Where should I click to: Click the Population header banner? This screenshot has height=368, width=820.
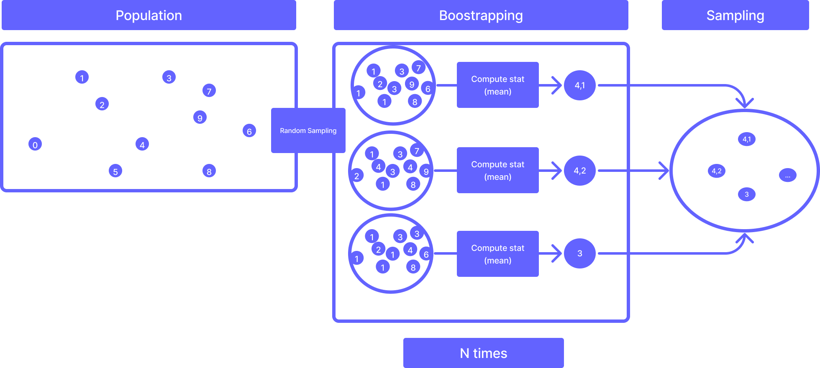pos(149,15)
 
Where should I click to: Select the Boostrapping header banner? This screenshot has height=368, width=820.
pos(481,15)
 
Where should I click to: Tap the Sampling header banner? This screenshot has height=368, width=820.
pos(735,15)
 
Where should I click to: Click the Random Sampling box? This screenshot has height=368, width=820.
pos(308,130)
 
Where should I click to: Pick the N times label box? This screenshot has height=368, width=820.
pos(483,353)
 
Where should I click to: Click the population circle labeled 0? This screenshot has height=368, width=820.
pos(35,144)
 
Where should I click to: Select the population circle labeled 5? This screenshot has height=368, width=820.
pos(115,171)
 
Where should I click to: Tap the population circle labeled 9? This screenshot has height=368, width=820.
pos(200,118)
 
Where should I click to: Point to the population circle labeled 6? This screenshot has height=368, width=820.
pos(249,131)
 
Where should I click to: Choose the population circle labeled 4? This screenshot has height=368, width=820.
pos(142,144)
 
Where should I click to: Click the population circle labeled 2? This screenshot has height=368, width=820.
pos(102,104)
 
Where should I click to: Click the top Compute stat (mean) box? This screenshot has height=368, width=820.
pos(497,85)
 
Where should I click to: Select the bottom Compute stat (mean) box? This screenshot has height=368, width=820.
pos(497,254)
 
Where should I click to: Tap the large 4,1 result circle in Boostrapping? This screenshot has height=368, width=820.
pos(579,85)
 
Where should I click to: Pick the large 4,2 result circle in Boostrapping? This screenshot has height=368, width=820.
pos(579,171)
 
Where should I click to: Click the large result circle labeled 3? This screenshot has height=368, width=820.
pos(579,253)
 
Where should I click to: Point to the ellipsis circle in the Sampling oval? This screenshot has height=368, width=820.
pos(787,175)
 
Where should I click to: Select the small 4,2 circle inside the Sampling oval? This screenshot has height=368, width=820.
pos(717,171)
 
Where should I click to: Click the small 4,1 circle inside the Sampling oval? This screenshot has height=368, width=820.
pos(747,139)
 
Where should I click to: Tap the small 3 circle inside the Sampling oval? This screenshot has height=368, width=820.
pos(747,194)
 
